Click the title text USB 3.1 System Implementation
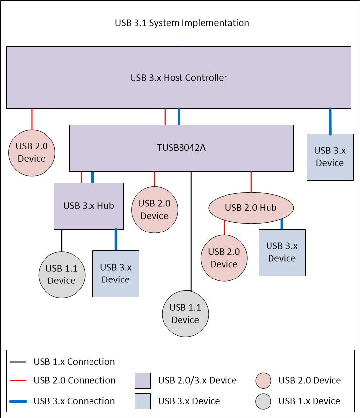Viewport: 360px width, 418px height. coord(181,23)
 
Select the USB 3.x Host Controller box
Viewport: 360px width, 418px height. coord(179,78)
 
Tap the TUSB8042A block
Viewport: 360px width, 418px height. coord(181,147)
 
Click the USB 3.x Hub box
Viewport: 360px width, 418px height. coord(89,206)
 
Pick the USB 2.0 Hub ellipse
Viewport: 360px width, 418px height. coord(251,207)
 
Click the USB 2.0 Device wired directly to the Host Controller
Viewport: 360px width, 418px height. coord(32,152)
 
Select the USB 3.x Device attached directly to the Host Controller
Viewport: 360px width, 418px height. coord(330,157)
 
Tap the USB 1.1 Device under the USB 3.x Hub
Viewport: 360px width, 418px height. coord(61,275)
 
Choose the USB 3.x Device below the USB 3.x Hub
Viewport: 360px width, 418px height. coord(116,274)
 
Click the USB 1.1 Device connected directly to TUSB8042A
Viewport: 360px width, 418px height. coord(185,314)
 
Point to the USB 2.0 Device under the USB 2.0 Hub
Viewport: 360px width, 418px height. coord(224,258)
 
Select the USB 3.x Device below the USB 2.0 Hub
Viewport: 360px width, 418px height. coord(282,252)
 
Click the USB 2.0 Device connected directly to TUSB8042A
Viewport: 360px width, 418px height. coord(154,209)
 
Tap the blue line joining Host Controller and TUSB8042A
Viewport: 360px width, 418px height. coord(179,116)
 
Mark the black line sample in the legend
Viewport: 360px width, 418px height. coord(18,362)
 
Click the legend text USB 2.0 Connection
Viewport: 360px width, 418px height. coord(74,380)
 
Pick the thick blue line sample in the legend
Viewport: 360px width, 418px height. coord(18,401)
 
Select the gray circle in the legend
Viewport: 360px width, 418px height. coord(264,401)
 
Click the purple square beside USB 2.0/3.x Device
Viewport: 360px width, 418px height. coord(143,381)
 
